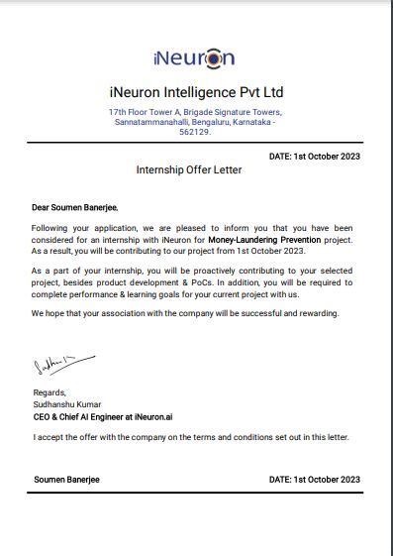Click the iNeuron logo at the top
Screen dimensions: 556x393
click(195, 57)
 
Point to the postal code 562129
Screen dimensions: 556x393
click(195, 132)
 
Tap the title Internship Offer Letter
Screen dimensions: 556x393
click(188, 170)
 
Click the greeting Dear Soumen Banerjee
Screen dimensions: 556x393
click(75, 208)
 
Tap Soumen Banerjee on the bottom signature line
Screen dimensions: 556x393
click(66, 480)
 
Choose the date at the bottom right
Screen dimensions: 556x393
click(314, 480)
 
